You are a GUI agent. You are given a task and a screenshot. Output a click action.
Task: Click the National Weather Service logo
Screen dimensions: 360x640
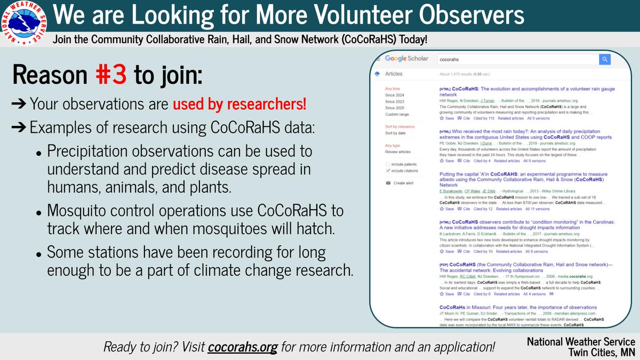[25, 25]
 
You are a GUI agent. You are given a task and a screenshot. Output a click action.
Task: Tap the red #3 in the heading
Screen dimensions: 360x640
[111, 76]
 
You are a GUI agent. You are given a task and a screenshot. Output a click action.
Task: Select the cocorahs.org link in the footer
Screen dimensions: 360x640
[243, 347]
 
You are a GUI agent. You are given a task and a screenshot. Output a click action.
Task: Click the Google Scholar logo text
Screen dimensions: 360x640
[406, 59]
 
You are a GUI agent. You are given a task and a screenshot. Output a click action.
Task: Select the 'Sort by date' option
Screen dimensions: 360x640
[395, 133]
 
